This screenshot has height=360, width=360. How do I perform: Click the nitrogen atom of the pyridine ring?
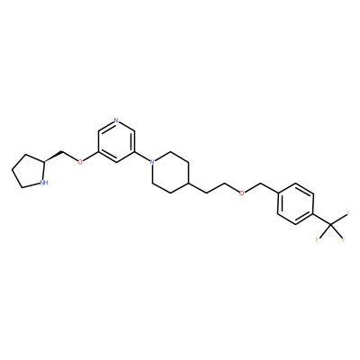click(x=116, y=121)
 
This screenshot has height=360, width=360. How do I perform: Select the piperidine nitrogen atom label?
click(x=152, y=162)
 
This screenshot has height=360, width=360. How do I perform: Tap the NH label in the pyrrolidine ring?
click(x=44, y=183)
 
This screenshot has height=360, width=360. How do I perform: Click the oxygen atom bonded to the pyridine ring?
click(x=80, y=162)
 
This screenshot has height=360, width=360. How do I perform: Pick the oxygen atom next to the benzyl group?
click(x=242, y=193)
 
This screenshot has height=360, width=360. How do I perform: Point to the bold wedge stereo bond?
click(x=53, y=157)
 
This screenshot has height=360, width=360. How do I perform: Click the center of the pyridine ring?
click(x=116, y=141)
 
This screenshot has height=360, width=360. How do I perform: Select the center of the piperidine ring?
click(x=170, y=173)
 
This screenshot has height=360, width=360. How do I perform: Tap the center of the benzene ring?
click(x=296, y=203)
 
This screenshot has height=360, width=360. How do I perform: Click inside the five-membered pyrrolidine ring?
click(x=30, y=172)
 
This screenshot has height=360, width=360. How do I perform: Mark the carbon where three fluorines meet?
click(x=331, y=224)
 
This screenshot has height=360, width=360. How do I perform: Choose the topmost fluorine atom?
click(x=348, y=213)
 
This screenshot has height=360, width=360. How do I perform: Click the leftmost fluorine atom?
click(x=318, y=239)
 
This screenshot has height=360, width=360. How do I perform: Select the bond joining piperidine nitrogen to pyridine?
click(x=142, y=157)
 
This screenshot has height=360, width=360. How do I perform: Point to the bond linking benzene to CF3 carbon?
click(x=322, y=219)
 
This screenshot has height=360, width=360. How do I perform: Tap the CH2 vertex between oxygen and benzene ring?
click(x=260, y=183)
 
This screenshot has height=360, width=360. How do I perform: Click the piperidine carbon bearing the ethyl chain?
click(x=188, y=183)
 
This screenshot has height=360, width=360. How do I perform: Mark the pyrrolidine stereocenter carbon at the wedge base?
click(x=44, y=162)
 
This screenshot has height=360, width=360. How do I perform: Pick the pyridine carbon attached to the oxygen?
click(x=98, y=152)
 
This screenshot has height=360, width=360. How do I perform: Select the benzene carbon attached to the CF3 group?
click(x=314, y=213)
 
